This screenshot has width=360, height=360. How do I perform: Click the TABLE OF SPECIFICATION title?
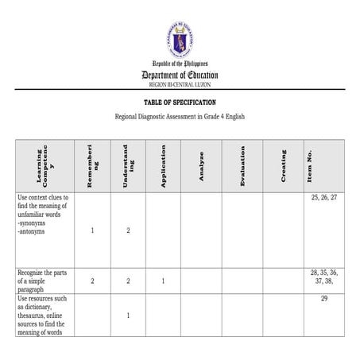[180, 103]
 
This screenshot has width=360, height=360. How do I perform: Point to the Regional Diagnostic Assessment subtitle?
[180, 117]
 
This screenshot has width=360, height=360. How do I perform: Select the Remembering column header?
[93, 165]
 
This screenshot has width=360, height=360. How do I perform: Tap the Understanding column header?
[128, 165]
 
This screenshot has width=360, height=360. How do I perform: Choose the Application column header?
[163, 165]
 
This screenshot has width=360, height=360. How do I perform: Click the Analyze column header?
[201, 165]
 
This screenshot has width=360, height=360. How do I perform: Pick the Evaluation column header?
[242, 165]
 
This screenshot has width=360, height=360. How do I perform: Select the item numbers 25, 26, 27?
[323, 197]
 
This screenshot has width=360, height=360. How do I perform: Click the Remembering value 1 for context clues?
[93, 230]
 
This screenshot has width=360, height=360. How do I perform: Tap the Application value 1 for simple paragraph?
[163, 281]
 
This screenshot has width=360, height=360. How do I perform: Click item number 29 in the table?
[323, 298]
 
